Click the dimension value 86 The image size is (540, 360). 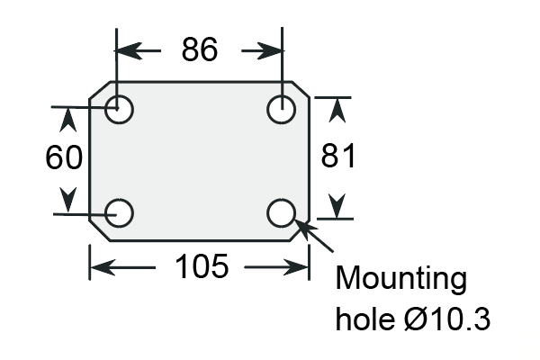click(x=200, y=49)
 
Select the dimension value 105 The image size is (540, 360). click(x=202, y=266)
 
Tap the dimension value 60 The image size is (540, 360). click(x=64, y=157)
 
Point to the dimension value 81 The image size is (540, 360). click(x=337, y=156)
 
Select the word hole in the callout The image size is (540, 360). click(x=365, y=319)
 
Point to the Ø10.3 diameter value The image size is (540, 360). click(x=447, y=319)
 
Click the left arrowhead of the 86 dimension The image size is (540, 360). click(x=129, y=50)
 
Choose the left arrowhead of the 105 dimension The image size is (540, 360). click(x=103, y=267)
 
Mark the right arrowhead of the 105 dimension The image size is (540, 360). click(x=296, y=267)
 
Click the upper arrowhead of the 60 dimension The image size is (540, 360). click(x=68, y=120)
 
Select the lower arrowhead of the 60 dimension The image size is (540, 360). click(x=68, y=200)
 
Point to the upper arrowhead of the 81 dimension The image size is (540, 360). click(x=337, y=110)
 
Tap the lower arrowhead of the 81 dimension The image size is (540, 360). click(x=337, y=206)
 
